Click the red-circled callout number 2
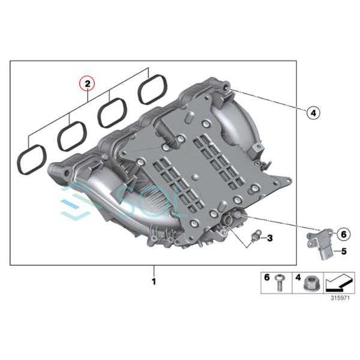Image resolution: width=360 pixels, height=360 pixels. [88, 83]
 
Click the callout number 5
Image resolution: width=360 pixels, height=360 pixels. [344, 251]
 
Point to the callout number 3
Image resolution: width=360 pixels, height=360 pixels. [269, 239]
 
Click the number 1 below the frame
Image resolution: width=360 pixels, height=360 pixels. [154, 280]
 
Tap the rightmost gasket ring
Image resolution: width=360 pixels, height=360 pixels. [152, 90]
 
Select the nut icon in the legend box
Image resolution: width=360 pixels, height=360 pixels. [312, 284]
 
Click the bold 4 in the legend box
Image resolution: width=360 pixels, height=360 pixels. [297, 278]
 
